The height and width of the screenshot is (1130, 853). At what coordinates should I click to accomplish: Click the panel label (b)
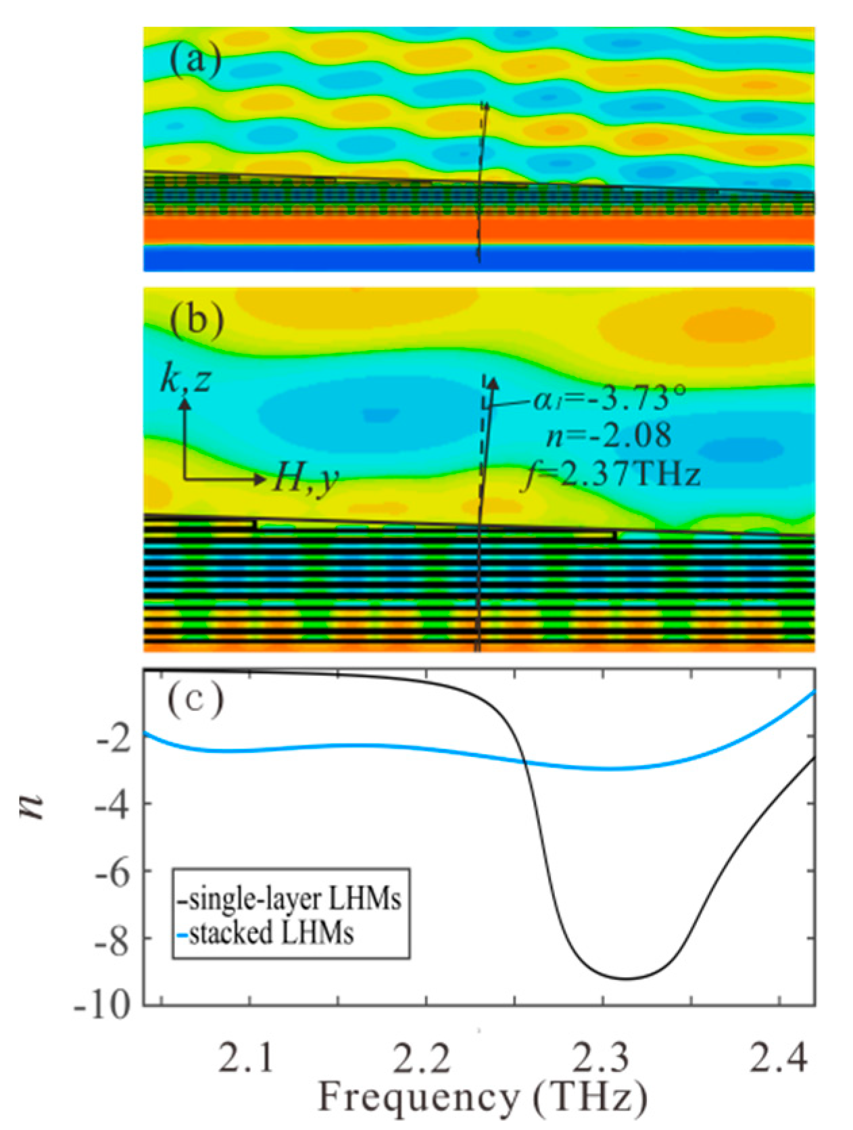click(196, 320)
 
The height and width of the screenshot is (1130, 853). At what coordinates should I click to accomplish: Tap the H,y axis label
click(306, 479)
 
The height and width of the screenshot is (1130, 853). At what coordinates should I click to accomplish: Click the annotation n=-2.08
click(608, 435)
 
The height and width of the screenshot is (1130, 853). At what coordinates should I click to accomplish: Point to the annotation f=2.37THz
click(612, 474)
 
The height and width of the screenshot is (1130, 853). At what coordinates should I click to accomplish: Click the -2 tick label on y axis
click(112, 740)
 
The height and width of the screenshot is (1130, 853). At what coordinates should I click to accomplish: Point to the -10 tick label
click(103, 1008)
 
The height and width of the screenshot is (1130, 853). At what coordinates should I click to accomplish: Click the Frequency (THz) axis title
click(482, 1098)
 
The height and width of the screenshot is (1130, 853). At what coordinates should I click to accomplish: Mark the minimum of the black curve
click(625, 979)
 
